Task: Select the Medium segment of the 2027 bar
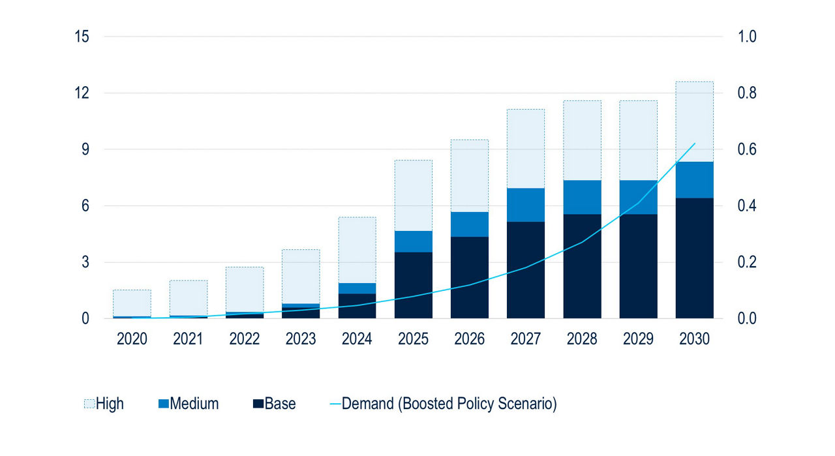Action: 525,205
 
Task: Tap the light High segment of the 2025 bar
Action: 413,196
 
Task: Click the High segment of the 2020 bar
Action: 132,303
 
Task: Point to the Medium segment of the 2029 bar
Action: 638,197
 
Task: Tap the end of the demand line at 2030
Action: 695,144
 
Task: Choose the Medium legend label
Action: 194,404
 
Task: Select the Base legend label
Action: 280,404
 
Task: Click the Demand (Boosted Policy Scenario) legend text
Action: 449,404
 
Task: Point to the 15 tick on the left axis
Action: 82,37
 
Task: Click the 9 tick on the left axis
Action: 85,149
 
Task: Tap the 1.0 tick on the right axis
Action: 747,37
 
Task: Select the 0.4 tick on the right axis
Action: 747,206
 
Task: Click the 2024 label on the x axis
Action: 357,340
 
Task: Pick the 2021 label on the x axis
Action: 188,340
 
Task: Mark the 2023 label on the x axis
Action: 301,340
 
